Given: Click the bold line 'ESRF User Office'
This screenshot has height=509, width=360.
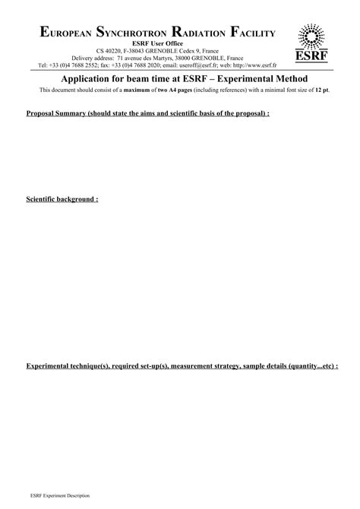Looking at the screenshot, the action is click(158, 43).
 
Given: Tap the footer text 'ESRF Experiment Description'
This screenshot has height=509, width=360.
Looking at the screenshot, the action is click(59, 495).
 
